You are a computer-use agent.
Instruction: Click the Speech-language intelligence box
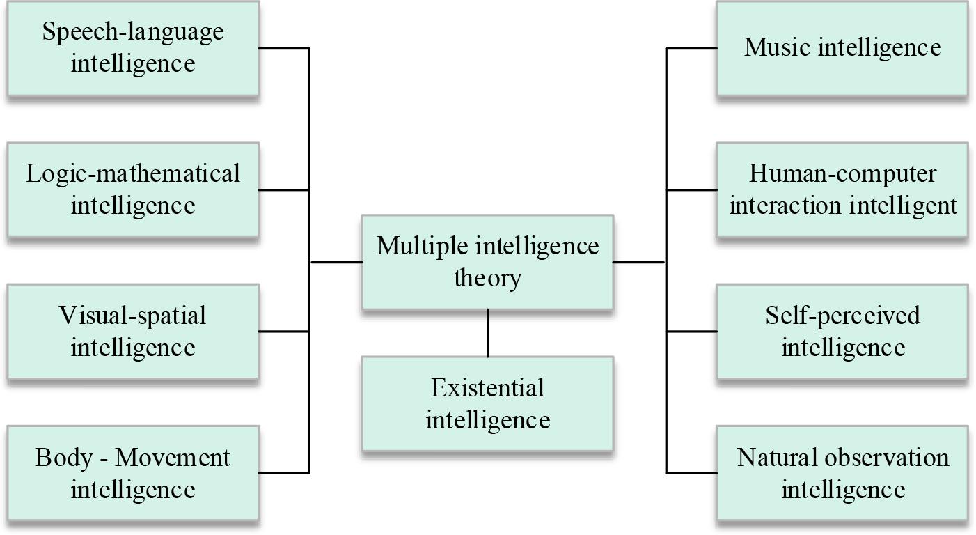pos(133,47)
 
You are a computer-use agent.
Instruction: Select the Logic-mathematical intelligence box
pos(133,189)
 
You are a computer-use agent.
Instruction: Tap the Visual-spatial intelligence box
pos(133,331)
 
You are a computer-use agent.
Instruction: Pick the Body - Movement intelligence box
pos(133,473)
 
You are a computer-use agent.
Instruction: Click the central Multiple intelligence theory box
pos(487,262)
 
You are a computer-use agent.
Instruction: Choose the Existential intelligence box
pos(487,403)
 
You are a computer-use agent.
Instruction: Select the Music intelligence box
pos(842,47)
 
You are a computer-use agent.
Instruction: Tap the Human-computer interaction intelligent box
pos(842,189)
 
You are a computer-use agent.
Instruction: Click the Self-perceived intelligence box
pos(842,331)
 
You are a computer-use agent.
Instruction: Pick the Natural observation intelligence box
pos(842,473)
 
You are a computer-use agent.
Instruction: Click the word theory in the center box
pos(487,279)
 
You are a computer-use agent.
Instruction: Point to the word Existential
pos(487,387)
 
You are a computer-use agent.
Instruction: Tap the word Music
pos(778,47)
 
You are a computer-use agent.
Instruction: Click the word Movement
pos(172,458)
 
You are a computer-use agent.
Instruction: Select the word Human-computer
pos(842,173)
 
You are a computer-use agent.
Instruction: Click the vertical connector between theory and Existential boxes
pos(487,333)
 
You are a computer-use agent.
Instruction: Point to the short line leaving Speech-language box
pos(283,48)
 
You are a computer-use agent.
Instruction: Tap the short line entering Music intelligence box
pos(691,48)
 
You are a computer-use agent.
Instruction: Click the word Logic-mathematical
pos(133,173)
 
